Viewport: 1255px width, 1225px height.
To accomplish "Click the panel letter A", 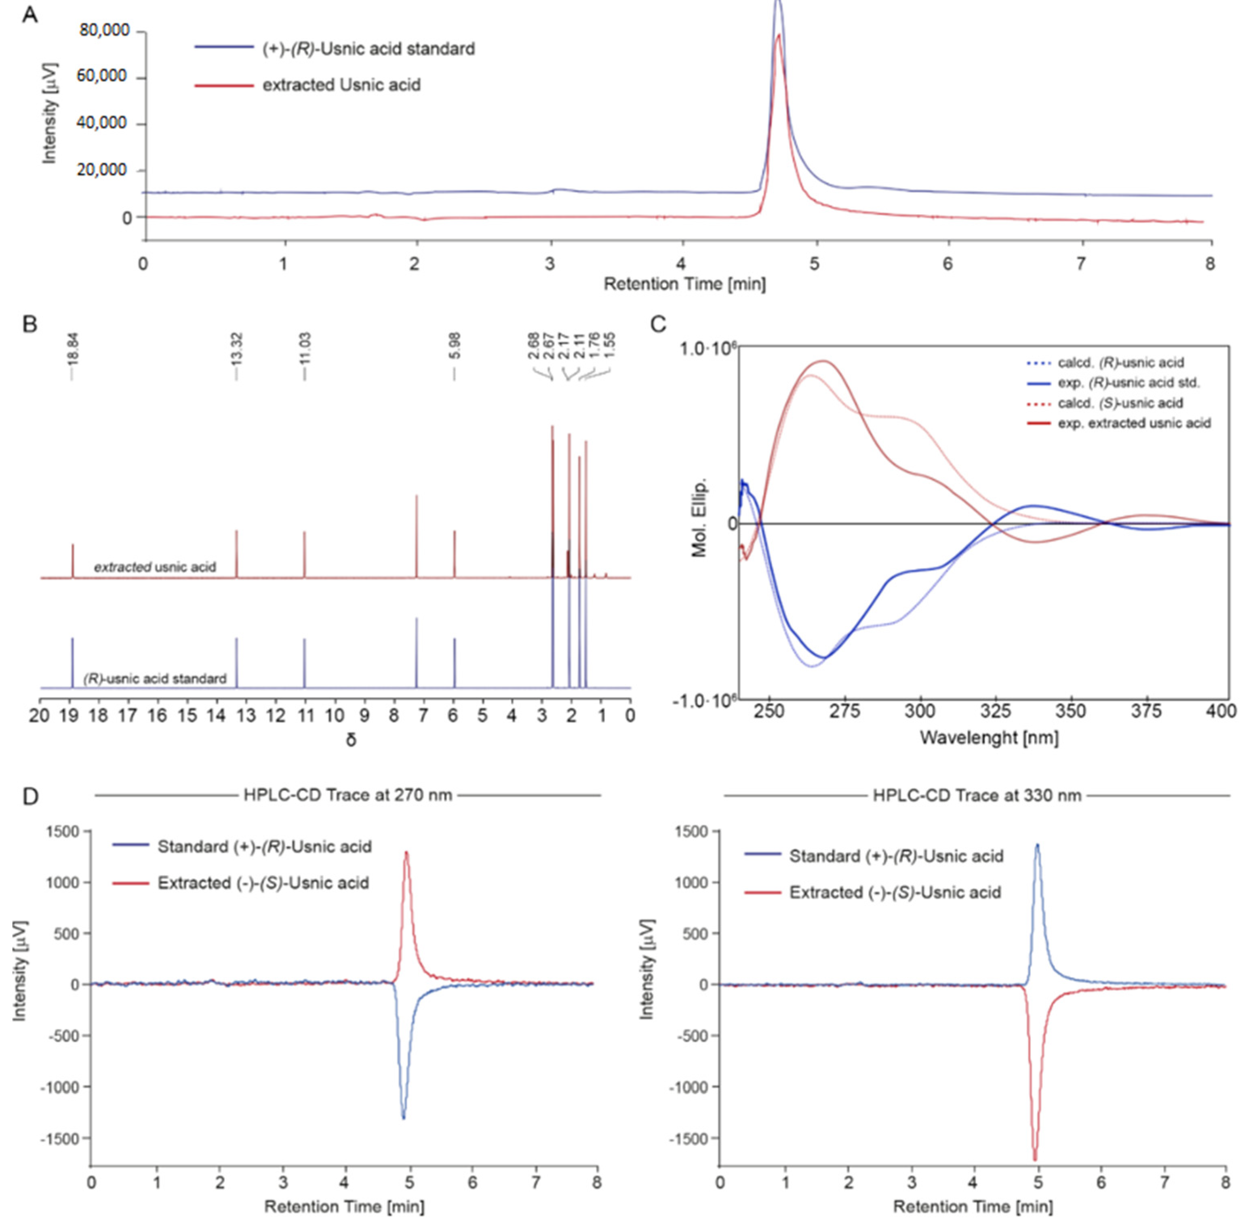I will pos(29,14).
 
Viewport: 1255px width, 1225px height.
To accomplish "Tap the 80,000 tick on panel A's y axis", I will pos(104,30).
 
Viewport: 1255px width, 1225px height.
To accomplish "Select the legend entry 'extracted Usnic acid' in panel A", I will pos(341,85).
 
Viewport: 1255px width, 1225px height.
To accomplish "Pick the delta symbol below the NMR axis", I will pos(351,740).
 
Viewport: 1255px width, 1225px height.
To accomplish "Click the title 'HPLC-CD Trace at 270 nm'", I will pos(347,795).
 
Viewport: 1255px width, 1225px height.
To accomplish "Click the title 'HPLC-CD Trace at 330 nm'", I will pos(977,796).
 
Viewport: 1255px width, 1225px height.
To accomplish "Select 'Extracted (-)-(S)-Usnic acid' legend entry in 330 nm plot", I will pos(895,892).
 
